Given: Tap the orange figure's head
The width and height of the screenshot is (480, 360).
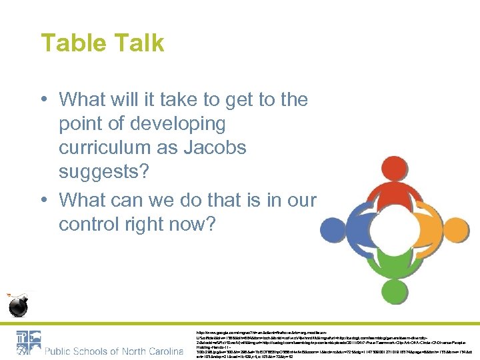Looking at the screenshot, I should [x=438, y=204].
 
